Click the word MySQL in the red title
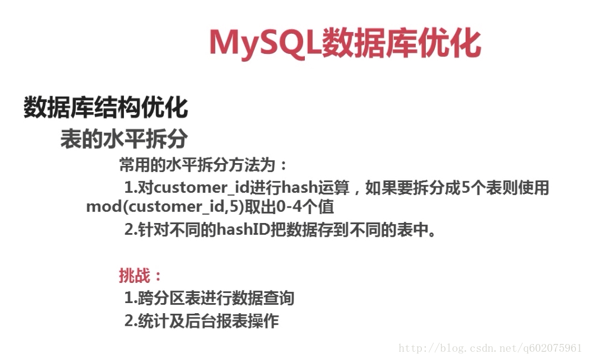click(265, 43)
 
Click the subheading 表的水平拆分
click(123, 139)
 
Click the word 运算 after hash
click(334, 187)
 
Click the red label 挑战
click(134, 275)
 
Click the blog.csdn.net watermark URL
click(490, 348)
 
